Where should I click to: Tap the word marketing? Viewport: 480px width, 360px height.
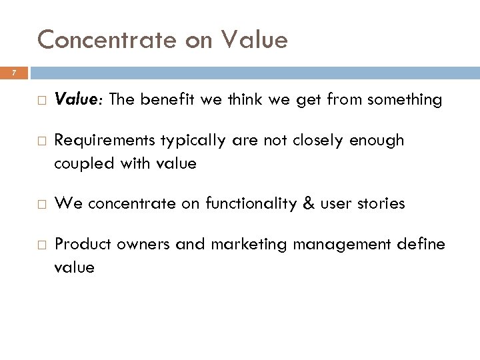[x=240, y=245]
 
